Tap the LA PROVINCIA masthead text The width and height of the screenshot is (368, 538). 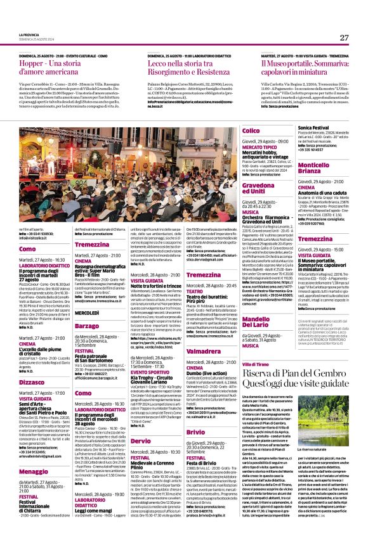click(29, 34)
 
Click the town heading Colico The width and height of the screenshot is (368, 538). click(251, 131)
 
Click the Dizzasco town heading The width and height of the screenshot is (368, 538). click(32, 383)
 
